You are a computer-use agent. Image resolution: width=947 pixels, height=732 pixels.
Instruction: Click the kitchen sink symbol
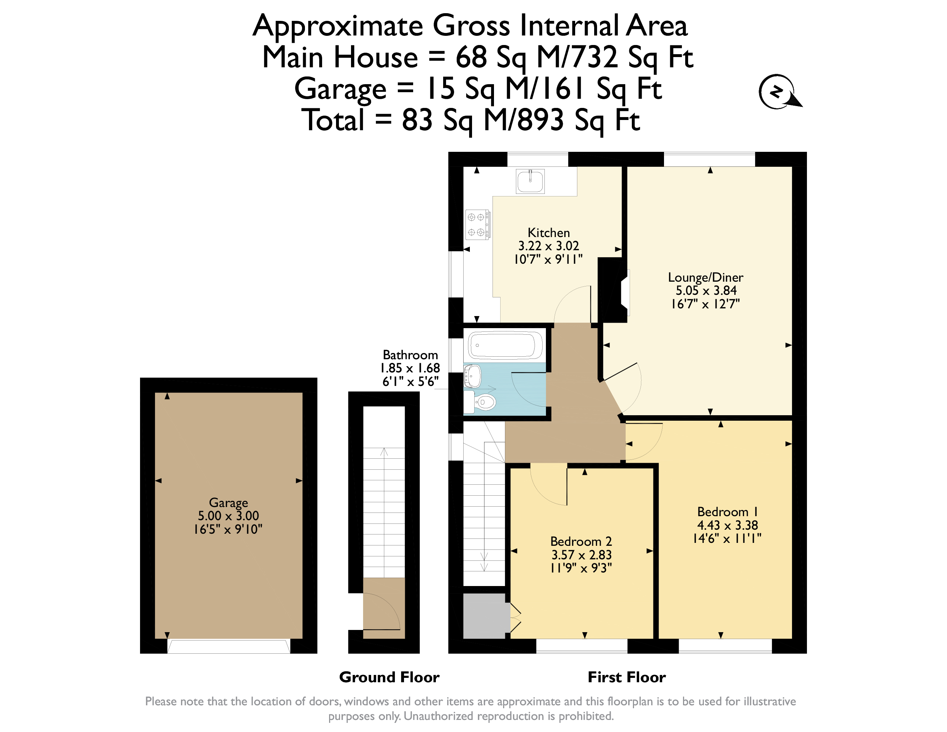(x=530, y=181)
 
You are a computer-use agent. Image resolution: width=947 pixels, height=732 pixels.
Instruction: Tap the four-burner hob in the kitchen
(x=478, y=225)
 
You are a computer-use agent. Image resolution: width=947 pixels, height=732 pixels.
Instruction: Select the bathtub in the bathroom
(x=505, y=345)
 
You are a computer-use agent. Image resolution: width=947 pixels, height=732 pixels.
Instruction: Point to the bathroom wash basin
(x=473, y=376)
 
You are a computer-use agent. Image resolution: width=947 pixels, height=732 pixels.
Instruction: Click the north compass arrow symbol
(x=779, y=92)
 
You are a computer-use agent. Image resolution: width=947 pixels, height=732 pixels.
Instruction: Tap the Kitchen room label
(x=548, y=233)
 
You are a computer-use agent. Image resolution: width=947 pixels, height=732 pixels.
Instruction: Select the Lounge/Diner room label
(x=705, y=277)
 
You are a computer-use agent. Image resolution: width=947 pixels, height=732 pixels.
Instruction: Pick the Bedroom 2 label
(x=581, y=541)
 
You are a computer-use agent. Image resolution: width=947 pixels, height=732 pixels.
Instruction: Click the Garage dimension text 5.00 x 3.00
(x=228, y=515)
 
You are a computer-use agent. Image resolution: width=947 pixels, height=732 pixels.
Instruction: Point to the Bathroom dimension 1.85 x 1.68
(x=410, y=368)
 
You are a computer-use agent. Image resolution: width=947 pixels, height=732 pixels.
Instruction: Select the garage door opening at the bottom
(x=229, y=646)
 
